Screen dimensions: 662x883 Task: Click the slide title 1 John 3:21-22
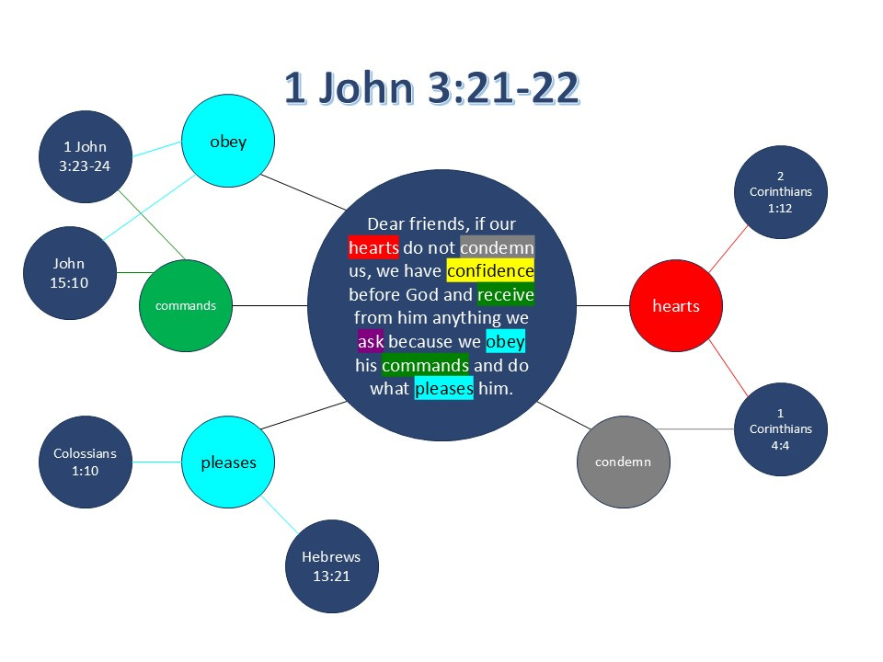point(431,88)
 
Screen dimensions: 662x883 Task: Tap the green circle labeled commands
point(186,305)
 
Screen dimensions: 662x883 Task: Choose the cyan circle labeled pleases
point(228,462)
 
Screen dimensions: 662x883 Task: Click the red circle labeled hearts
point(676,305)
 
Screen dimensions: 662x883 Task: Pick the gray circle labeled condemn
point(623,462)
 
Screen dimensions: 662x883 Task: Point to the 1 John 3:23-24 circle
point(86,156)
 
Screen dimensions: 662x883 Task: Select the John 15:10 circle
point(69,273)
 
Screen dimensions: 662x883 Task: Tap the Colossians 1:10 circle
point(86,462)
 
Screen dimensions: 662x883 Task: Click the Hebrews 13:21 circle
point(331,566)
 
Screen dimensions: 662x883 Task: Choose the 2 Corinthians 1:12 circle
point(781,191)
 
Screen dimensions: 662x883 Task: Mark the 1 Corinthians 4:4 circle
point(781,428)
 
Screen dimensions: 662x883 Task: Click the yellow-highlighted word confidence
point(490,271)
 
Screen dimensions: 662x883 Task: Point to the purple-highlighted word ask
point(371,342)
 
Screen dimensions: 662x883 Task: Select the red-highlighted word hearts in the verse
point(373,247)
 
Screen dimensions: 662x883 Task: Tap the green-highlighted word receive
point(506,295)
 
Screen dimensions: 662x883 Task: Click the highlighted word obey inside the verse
point(505,342)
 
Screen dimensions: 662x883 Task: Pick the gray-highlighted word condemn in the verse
point(497,247)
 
